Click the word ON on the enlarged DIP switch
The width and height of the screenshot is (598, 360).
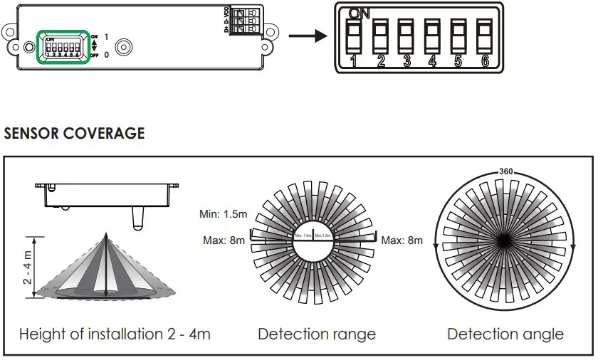click(x=360, y=13)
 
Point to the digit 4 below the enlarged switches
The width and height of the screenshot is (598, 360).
click(x=432, y=61)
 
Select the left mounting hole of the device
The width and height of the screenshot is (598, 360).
click(x=28, y=47)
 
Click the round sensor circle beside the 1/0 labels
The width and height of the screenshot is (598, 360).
click(x=122, y=48)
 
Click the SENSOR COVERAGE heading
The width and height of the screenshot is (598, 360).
click(x=74, y=133)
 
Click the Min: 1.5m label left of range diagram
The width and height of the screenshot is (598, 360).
click(x=223, y=213)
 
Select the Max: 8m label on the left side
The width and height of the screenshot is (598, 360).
click(x=224, y=240)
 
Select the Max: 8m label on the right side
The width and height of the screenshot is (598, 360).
click(x=402, y=240)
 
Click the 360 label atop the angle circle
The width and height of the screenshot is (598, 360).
click(x=505, y=171)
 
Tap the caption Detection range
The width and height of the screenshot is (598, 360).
click(x=317, y=334)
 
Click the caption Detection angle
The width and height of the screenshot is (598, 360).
click(x=505, y=334)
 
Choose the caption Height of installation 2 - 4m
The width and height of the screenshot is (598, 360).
click(x=115, y=334)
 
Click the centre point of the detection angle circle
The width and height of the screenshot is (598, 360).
click(x=506, y=240)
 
